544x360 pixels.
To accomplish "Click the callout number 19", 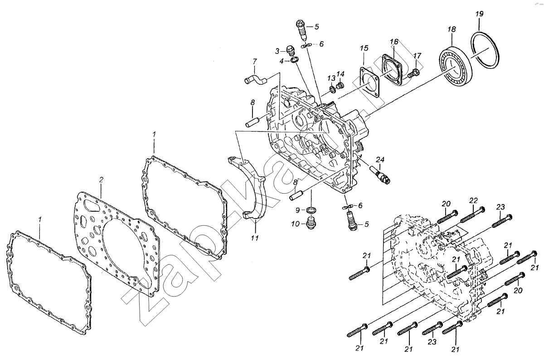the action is pos(479,14).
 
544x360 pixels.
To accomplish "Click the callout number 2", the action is pos(101,180).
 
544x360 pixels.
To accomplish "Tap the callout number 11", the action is pos(254,238).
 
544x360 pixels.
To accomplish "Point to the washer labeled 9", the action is pos(311,210).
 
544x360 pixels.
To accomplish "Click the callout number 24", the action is pos(380,160).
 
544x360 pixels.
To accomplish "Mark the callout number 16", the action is pos(394,42).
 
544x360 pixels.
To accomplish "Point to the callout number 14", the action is pos(340,74).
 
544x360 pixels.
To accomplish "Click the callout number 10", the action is pos(295,224).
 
